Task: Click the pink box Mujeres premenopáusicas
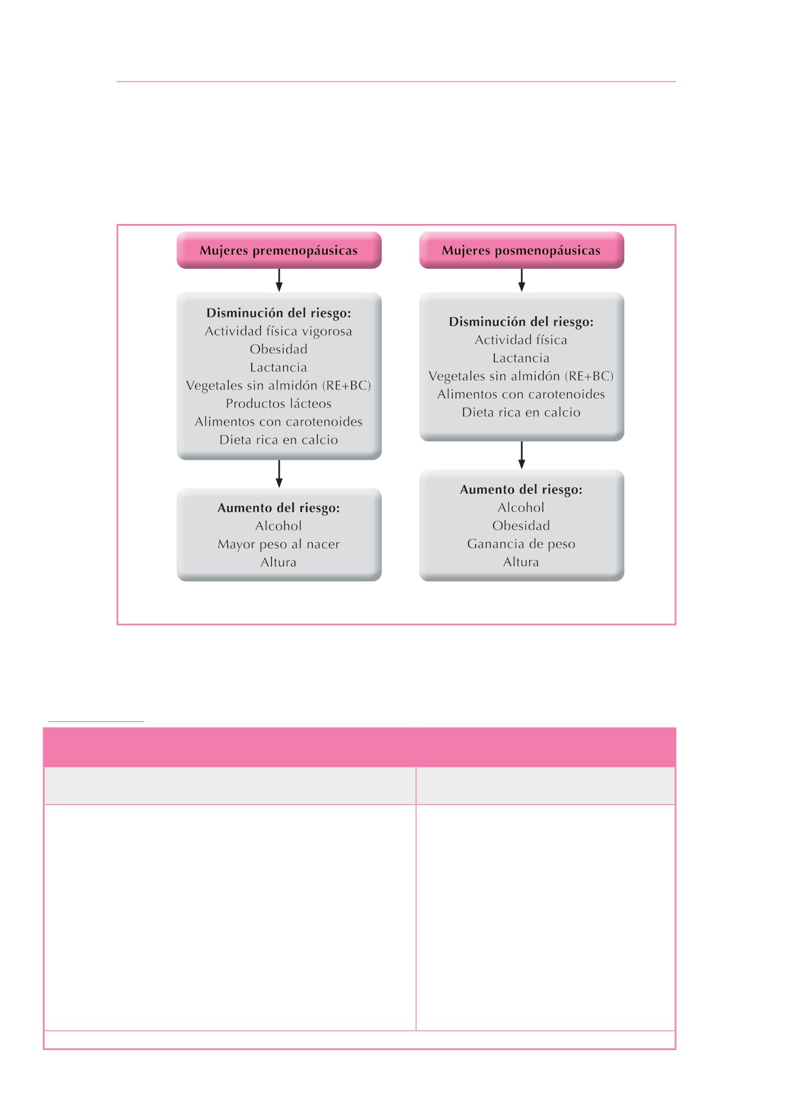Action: coord(279,250)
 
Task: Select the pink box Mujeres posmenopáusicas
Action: coord(521,250)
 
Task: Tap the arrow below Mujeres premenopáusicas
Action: coord(279,280)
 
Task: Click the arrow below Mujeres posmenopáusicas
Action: coord(522,280)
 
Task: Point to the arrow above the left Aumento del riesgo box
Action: coord(279,474)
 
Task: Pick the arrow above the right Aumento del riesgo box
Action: coord(522,455)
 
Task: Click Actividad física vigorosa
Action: coord(279,332)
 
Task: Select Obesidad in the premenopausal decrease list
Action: coord(279,349)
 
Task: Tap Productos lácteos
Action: coord(279,404)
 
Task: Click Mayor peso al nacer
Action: coord(279,544)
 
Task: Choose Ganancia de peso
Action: coord(521,544)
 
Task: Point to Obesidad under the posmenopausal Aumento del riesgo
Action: coord(521,526)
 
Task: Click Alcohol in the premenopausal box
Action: coord(279,526)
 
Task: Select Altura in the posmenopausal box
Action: coord(521,562)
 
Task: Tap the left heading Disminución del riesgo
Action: coord(279,313)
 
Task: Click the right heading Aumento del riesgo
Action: coord(521,490)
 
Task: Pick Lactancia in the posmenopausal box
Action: coord(521,358)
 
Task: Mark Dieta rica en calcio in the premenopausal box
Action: coord(279,440)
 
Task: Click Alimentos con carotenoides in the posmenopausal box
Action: coord(521,394)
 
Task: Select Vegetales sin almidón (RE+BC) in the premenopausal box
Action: coord(279,386)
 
